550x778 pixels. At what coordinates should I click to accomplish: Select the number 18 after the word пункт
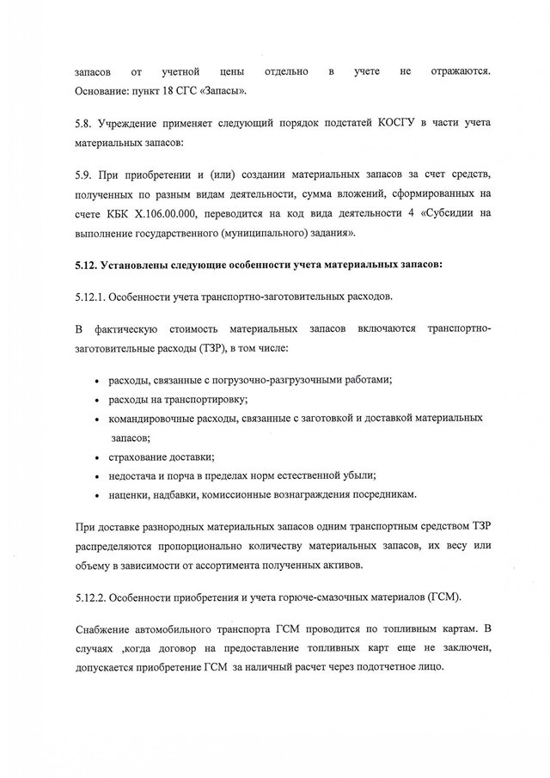coord(171,91)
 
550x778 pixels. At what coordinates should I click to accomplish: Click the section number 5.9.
coord(84,176)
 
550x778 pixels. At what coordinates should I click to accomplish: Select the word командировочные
coord(148,418)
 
